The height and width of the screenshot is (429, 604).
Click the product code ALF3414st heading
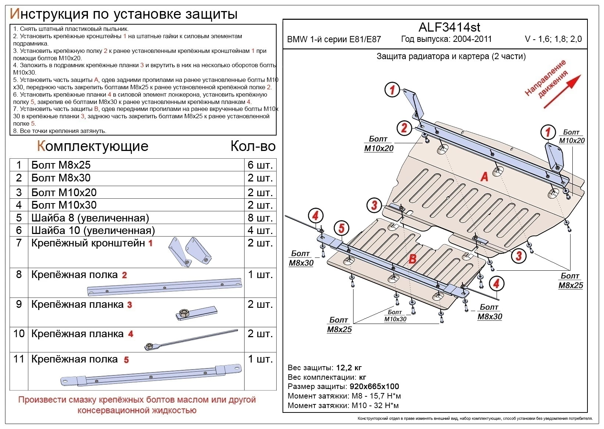[449, 27]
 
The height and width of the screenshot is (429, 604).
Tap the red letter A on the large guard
[484, 177]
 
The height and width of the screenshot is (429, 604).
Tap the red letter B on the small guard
[412, 259]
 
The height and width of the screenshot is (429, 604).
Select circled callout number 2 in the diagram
[404, 128]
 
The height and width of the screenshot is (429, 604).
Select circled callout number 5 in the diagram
[341, 228]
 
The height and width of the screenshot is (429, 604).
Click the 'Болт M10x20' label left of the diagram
[379, 144]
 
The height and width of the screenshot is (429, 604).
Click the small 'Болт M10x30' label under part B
[395, 316]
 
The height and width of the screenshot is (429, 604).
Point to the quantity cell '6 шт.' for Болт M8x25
[260, 165]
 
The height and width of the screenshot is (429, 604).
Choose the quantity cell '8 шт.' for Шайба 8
[260, 218]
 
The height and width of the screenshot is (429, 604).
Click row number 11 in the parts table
[19, 359]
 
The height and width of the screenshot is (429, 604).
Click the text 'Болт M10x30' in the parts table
[64, 205]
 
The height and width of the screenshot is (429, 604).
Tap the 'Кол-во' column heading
[253, 146]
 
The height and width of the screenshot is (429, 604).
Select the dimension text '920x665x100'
[374, 386]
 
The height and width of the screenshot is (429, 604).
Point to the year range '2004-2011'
[472, 39]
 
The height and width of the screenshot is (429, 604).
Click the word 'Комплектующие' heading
[93, 146]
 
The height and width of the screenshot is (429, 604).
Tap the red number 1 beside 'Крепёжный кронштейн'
[150, 243]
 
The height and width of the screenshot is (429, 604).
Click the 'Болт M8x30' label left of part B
[301, 258]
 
